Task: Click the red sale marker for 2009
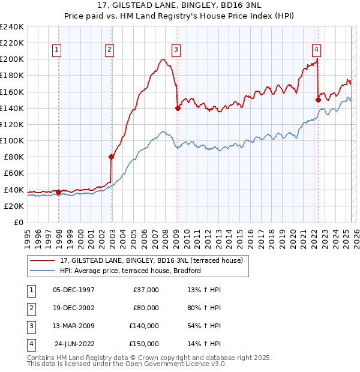(x=178, y=108)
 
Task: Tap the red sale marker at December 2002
(x=111, y=157)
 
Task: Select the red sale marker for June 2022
(x=317, y=100)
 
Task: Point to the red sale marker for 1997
(x=58, y=192)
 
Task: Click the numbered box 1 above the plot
(x=56, y=50)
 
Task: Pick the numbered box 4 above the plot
(x=316, y=50)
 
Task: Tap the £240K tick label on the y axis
(x=12, y=27)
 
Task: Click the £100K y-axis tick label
(x=12, y=140)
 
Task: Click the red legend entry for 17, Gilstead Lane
(x=151, y=260)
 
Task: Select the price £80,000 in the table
(x=146, y=308)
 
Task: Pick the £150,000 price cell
(x=144, y=344)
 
